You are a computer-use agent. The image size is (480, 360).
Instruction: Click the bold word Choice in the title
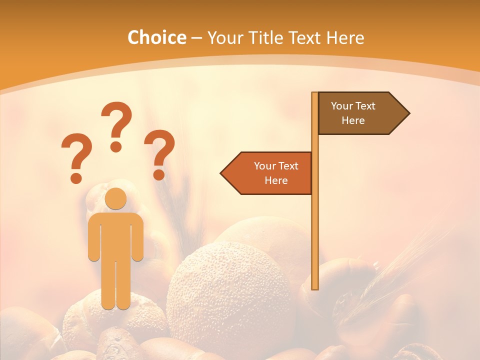click(156, 37)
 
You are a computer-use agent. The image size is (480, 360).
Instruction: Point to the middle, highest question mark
click(116, 125)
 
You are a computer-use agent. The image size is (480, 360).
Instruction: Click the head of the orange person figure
click(116, 198)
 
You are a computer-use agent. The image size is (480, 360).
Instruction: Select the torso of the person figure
click(116, 235)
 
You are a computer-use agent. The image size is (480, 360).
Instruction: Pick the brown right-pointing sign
click(357, 113)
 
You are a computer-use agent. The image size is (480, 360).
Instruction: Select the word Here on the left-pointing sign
click(276, 180)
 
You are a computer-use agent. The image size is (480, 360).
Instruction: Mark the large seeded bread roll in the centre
click(230, 295)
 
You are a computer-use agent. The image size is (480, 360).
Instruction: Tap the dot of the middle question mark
click(116, 146)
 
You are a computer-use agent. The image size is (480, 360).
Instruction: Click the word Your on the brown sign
click(342, 106)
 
